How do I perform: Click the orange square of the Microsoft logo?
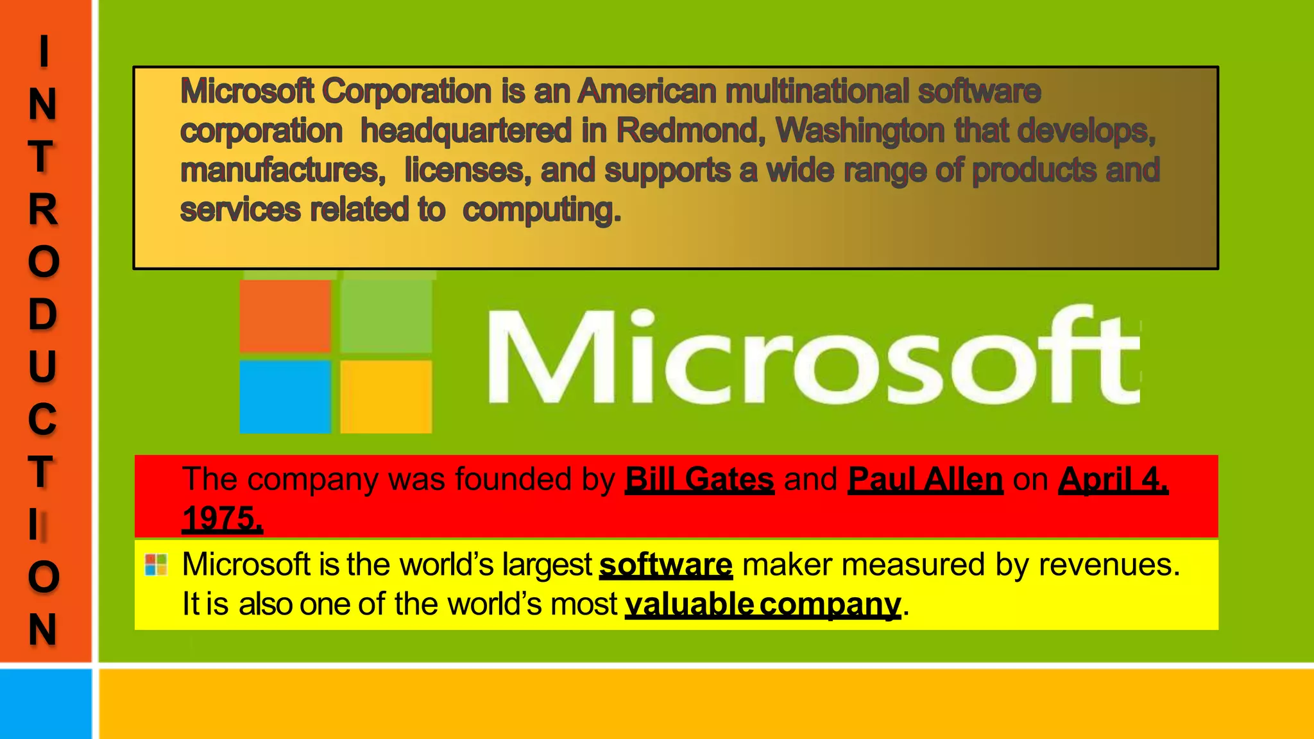(x=286, y=316)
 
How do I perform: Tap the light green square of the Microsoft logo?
(x=386, y=315)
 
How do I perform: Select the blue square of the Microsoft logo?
(x=286, y=396)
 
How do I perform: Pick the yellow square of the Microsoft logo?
(x=386, y=396)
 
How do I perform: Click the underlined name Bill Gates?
(x=699, y=479)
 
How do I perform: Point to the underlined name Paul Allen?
(x=925, y=479)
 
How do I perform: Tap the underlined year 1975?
(x=222, y=518)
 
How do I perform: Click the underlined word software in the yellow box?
(x=665, y=565)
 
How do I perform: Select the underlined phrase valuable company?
(x=763, y=604)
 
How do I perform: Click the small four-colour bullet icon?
(x=156, y=565)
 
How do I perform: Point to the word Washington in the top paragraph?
(x=860, y=131)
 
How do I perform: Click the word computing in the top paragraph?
(x=542, y=210)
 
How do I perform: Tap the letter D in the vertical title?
(x=43, y=314)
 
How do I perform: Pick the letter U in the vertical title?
(x=43, y=366)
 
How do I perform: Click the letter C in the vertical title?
(x=43, y=419)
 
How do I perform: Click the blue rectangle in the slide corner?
(x=46, y=704)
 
